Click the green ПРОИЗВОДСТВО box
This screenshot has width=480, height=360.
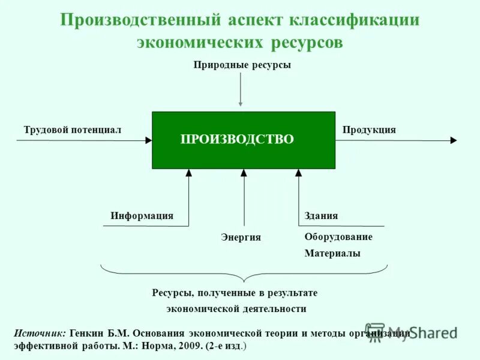243,140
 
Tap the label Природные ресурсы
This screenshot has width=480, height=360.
242,65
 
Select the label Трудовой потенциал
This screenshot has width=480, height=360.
72,130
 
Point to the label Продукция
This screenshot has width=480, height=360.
369,130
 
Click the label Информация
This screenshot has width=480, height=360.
142,216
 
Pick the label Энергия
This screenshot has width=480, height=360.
241,238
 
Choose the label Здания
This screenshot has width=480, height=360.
321,216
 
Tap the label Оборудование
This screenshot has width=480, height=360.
338,237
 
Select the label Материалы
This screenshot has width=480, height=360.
332,254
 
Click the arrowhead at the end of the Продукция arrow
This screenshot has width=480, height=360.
454,140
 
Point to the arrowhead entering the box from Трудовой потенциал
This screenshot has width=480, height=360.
148,140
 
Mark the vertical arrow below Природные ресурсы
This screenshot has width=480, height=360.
241,90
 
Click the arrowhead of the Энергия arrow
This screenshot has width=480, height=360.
244,173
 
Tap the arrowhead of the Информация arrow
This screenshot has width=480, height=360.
188,173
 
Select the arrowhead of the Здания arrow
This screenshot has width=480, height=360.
299,173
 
